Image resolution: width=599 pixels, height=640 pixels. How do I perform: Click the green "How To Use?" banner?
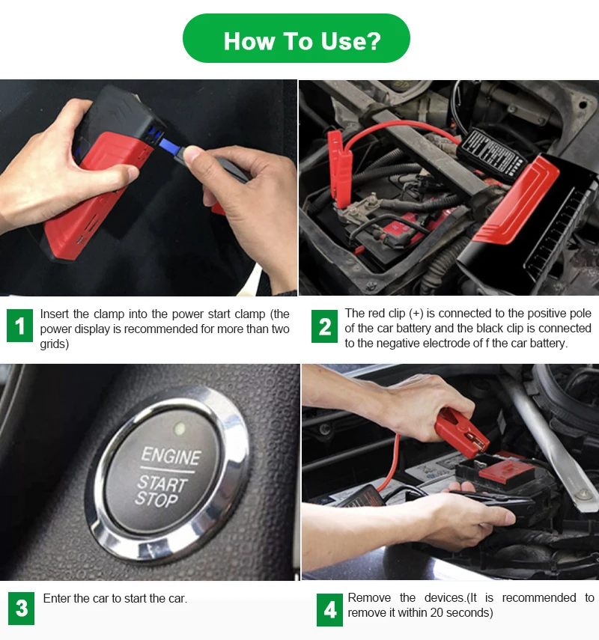pos(296,38)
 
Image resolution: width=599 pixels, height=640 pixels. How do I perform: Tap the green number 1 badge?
pos(19,326)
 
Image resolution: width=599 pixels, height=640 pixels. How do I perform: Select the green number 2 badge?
pos(324,326)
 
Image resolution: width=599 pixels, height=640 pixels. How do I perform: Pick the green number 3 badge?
pos(21,608)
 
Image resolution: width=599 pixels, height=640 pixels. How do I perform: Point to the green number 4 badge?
pos(329,610)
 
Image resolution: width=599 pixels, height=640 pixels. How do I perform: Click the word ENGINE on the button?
pos(171,456)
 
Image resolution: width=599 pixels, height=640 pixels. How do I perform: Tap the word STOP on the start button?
pos(156,499)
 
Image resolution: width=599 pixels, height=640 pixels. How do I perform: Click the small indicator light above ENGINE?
pos(179,428)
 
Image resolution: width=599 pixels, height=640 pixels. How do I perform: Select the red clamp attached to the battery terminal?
pos(339,168)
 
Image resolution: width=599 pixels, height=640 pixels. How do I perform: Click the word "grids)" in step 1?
pos(55,344)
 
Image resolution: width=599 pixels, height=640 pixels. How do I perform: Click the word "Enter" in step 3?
pos(56,598)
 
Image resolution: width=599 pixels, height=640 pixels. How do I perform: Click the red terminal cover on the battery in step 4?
pos(506,472)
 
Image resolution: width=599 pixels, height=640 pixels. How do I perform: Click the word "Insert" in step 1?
pos(55,314)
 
